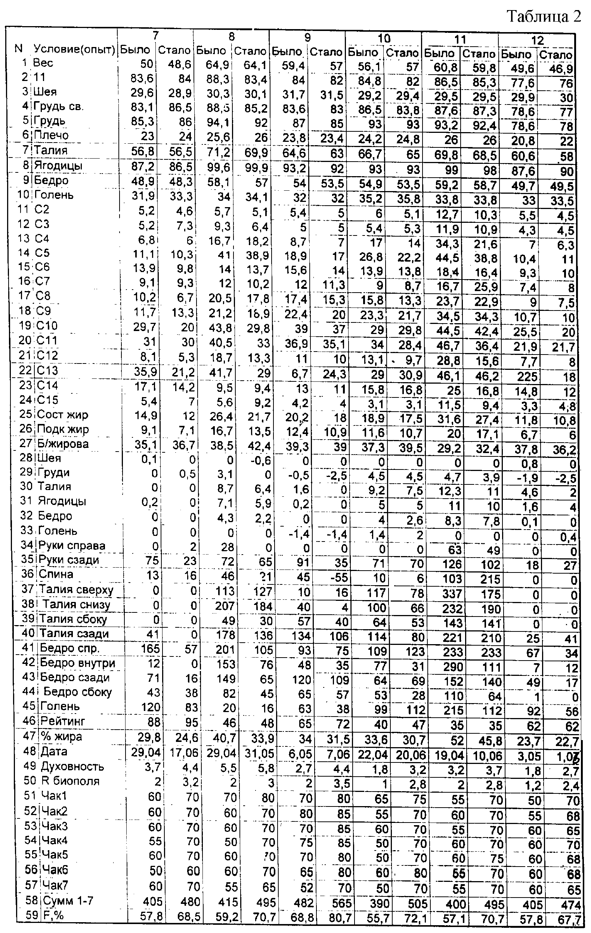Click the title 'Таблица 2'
544,16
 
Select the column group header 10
384,38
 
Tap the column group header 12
537,40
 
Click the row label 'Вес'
43,63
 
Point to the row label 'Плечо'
51,135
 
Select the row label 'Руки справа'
72,546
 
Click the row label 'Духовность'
72,767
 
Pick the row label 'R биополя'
70,781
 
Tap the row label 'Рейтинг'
62,721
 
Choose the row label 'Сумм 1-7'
68,901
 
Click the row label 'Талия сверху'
76,589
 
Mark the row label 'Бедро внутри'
78,663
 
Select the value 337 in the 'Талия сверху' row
453,594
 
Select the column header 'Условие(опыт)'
74,49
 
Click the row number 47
30,736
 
